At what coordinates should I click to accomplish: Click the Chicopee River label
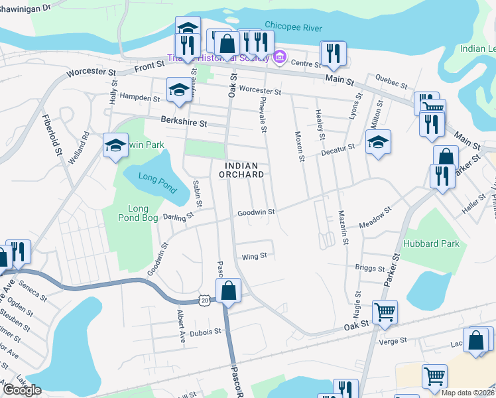point(293,27)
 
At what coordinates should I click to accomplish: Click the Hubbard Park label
point(435,243)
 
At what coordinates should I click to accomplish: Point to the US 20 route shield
point(205,300)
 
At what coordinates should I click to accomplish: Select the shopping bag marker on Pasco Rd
point(228,290)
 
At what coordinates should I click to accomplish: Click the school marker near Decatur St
point(378,141)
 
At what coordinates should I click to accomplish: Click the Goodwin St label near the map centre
point(256,212)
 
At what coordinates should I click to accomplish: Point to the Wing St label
point(255,255)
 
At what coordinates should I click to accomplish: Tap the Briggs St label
point(370,269)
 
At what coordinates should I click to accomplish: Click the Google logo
point(23,390)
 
